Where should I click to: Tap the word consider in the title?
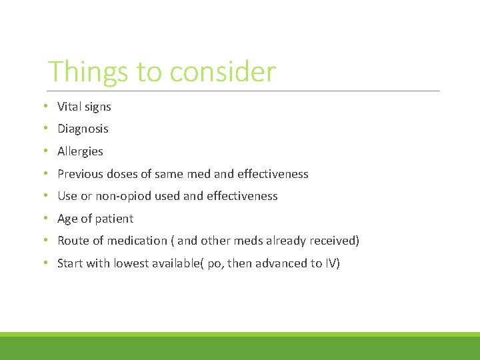223,72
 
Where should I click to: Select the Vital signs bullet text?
84,107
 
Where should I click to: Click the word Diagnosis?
83,129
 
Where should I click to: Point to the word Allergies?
80,151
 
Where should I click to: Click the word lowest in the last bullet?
131,263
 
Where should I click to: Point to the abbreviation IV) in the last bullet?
331,263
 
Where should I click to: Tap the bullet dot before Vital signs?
44,107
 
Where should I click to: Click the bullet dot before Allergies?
44,151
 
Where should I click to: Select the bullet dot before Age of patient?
44,219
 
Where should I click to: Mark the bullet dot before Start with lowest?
44,263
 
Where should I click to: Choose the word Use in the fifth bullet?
67,196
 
